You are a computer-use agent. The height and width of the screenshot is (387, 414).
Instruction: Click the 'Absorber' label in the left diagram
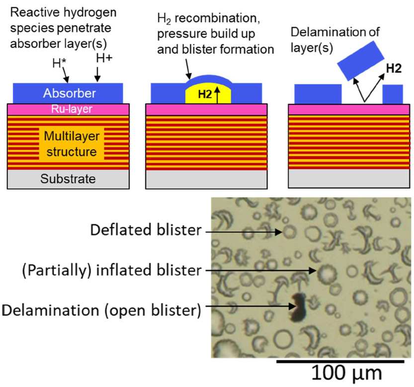[x=69, y=93]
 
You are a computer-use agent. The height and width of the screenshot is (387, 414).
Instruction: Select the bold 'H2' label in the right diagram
[x=394, y=69]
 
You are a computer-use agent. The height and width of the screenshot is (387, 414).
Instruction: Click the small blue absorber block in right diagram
[x=392, y=94]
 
